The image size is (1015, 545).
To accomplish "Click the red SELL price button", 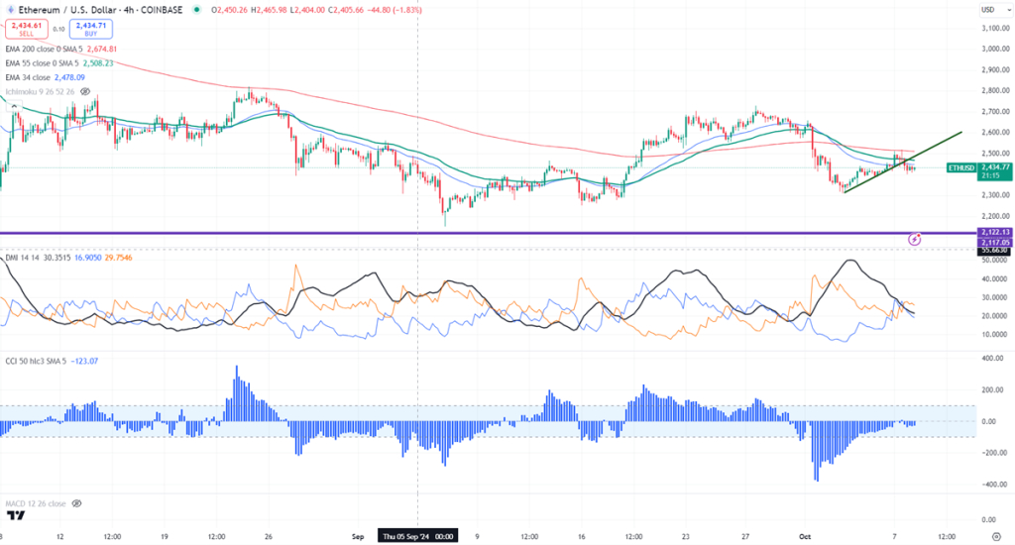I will [26, 29].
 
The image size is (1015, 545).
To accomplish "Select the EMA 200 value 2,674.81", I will [97, 48].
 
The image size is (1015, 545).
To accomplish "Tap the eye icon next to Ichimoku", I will [80, 92].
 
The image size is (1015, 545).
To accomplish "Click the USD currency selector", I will [987, 10].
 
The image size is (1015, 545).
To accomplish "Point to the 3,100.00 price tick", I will [993, 28].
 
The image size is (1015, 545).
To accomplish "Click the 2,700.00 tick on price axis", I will [993, 112].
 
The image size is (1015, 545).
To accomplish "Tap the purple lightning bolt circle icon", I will [915, 238].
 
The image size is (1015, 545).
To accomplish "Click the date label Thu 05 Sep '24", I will [415, 536].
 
